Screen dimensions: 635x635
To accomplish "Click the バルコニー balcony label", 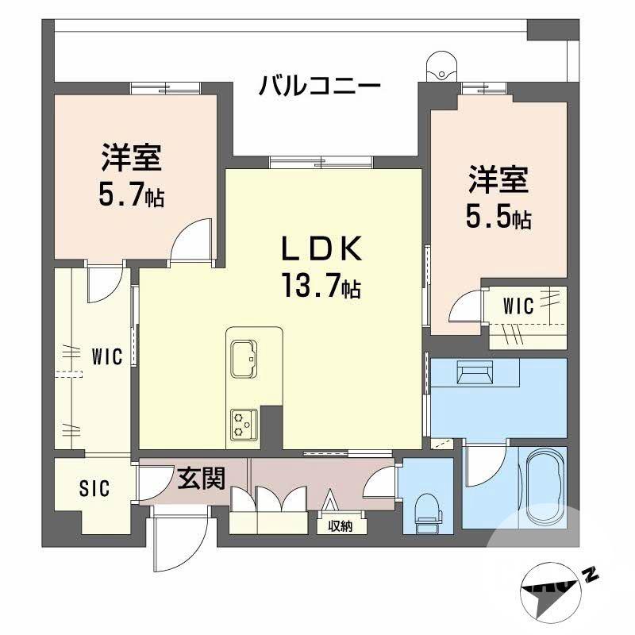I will [320, 85].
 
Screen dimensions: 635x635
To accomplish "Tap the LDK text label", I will [321, 249].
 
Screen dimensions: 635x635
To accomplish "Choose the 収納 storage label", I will [340, 525].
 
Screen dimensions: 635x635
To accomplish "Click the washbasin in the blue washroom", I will [475, 374].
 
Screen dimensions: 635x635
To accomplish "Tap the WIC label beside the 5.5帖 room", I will [522, 304].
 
